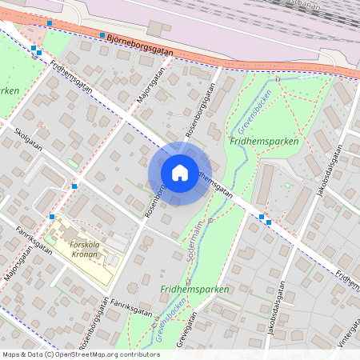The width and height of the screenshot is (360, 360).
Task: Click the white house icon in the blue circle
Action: [180, 172]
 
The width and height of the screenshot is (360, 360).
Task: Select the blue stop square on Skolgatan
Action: [74, 186]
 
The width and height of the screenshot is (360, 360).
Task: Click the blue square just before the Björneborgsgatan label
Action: [102, 35]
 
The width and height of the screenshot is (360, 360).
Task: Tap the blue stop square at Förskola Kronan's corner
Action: [52, 216]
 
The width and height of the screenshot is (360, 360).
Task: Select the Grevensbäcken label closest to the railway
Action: [255, 110]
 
